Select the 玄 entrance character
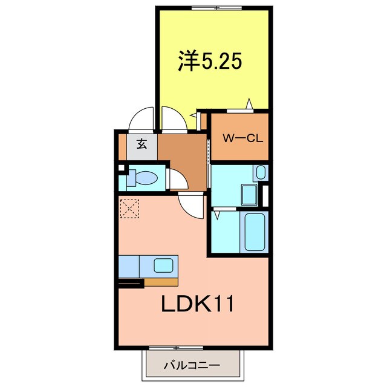(x=141, y=145)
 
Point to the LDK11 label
(x=197, y=304)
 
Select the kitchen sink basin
(x=164, y=265)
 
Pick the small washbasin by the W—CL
(x=260, y=172)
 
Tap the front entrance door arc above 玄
(x=143, y=119)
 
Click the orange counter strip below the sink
(x=161, y=282)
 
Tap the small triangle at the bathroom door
(x=216, y=213)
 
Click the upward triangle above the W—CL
(x=248, y=105)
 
